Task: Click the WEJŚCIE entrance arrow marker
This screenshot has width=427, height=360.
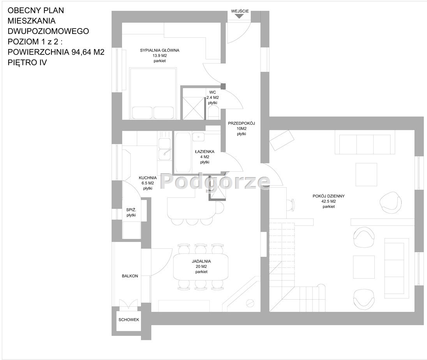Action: click(239, 16)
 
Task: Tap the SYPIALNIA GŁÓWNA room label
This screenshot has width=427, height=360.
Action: click(160, 50)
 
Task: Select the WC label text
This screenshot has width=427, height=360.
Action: click(212, 92)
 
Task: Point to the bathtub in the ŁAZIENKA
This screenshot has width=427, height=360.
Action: click(182, 153)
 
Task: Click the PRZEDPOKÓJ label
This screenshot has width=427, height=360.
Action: click(241, 123)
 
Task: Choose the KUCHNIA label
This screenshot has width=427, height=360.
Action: click(148, 178)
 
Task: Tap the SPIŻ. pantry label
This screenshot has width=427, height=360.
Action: click(131, 210)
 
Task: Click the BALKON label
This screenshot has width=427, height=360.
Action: click(130, 276)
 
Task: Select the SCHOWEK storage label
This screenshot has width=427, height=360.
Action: click(129, 320)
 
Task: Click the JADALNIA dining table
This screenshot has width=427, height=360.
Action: click(201, 267)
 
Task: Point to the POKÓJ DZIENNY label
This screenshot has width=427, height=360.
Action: click(329, 196)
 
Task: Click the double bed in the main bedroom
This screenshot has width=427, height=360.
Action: click(153, 94)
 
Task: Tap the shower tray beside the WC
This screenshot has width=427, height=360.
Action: click(193, 108)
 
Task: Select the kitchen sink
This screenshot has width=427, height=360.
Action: click(164, 149)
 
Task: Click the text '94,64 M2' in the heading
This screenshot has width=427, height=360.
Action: click(88, 52)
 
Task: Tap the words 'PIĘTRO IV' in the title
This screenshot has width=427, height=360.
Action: click(27, 63)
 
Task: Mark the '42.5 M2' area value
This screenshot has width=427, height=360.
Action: click(329, 201)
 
